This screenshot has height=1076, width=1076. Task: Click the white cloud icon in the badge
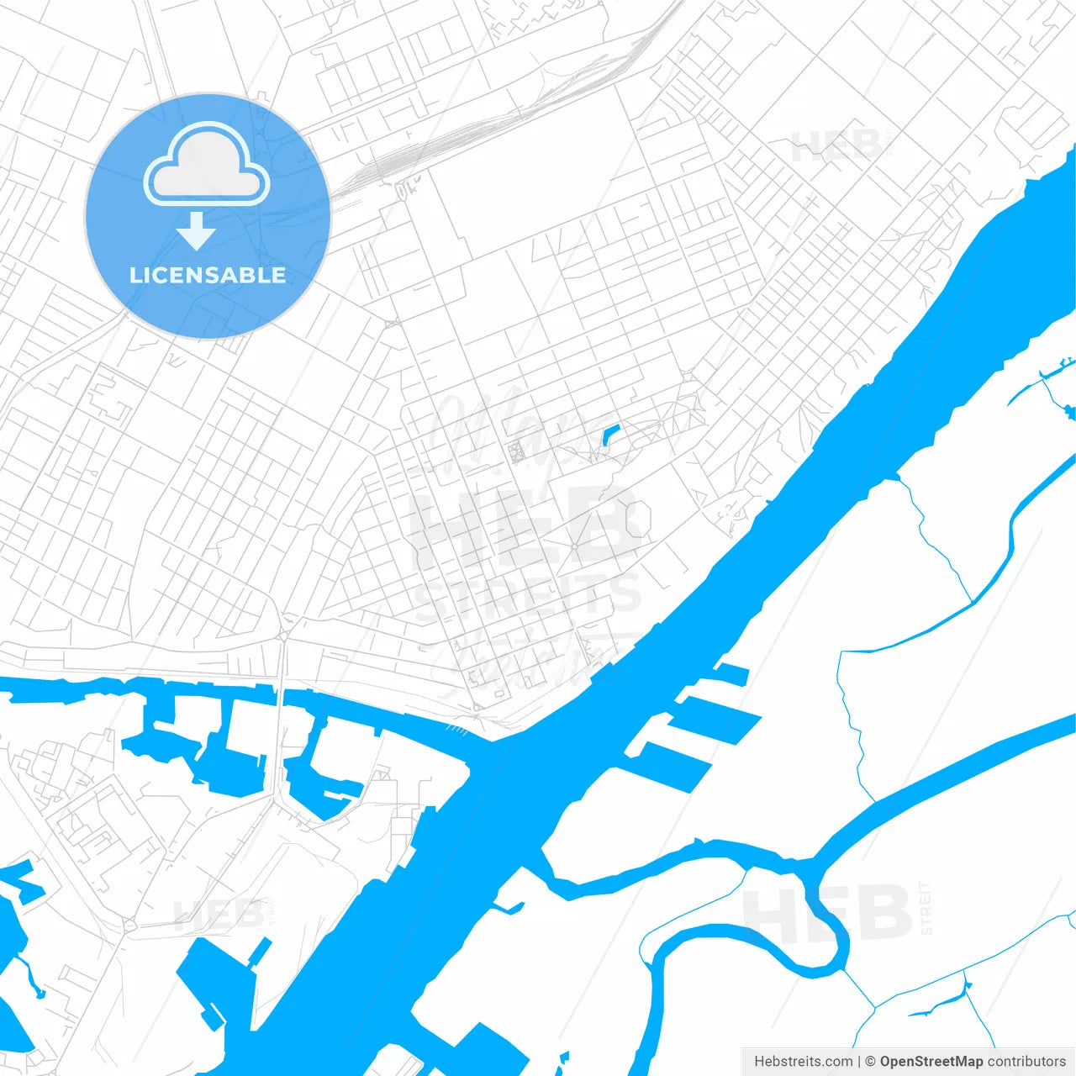click(207, 165)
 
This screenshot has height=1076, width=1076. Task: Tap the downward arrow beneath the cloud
click(196, 231)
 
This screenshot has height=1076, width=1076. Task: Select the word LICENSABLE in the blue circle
click(208, 275)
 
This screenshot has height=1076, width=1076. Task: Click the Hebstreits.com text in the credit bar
click(803, 1062)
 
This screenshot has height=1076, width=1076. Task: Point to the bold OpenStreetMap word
click(931, 1062)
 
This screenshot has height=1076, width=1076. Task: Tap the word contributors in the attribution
click(1026, 1062)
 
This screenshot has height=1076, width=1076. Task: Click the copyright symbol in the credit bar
click(870, 1062)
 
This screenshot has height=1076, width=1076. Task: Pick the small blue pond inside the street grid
click(609, 435)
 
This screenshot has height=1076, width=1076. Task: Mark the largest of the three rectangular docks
click(674, 762)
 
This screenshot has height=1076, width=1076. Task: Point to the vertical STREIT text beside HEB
click(926, 908)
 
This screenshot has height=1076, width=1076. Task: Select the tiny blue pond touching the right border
click(1069, 411)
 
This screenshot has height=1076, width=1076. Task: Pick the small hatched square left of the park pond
click(516, 451)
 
